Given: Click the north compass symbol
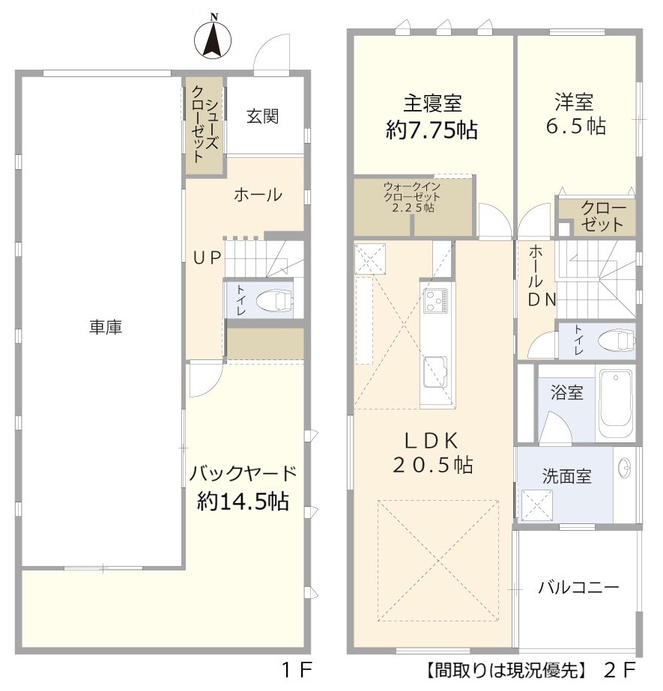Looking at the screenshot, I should tap(213, 39).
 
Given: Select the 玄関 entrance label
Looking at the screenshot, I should tap(263, 116).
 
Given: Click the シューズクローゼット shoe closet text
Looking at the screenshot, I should tap(205, 125).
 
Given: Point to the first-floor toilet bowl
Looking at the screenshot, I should tap(274, 301).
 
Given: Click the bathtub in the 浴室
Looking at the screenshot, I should tap(615, 404).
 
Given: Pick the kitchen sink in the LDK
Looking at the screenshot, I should tap(436, 371).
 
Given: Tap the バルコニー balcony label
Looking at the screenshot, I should tap(578, 588).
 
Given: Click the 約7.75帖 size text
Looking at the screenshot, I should tap(432, 130).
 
